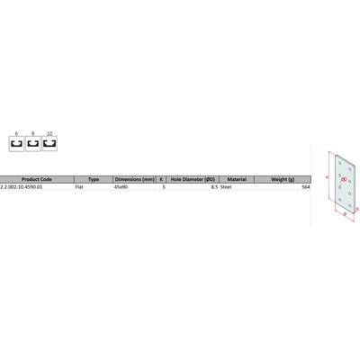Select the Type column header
93,179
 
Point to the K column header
163,179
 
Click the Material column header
237,179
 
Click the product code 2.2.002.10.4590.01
22,186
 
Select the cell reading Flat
81,186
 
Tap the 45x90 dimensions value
121,186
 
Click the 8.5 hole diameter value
213,186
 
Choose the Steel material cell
227,186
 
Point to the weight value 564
306,186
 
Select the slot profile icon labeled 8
32,142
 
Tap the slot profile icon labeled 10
49,142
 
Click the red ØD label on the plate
344,180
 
